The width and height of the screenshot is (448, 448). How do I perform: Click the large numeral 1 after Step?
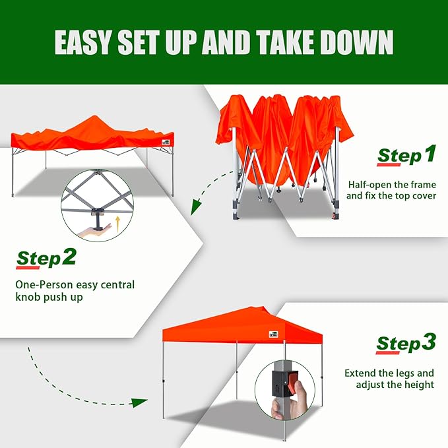[x=429, y=155]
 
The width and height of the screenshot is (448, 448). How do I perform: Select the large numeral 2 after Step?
[x=69, y=257]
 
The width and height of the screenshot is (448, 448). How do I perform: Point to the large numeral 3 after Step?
[x=428, y=342]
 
